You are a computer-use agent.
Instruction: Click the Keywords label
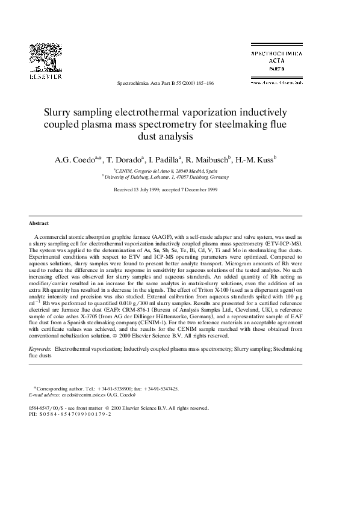(40, 348)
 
